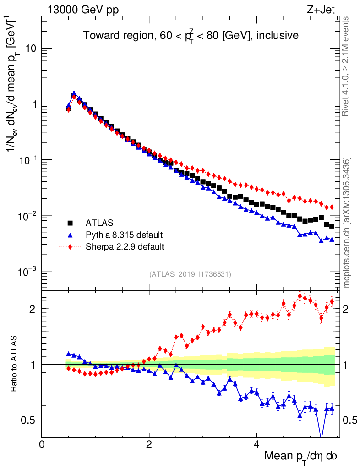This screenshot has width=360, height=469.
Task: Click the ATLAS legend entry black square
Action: [71, 223]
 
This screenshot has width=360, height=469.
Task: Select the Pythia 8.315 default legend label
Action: [124, 235]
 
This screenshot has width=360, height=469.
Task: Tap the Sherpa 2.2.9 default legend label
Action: [125, 247]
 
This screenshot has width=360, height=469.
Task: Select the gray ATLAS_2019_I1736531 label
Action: [190, 274]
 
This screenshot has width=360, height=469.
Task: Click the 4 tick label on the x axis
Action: [256, 444]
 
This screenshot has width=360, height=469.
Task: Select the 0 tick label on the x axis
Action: [42, 444]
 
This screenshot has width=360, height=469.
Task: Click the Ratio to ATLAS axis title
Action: [15, 364]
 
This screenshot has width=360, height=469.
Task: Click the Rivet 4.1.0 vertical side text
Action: [346, 66]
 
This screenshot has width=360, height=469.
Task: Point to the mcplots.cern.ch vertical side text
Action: [347, 222]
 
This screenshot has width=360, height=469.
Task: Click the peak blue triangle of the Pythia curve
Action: [74, 93]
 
